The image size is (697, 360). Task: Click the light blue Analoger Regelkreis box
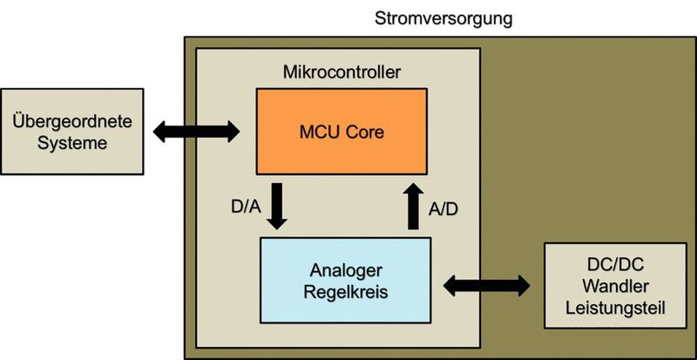pos(347,280)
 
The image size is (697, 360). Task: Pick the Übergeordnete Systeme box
pos(73,131)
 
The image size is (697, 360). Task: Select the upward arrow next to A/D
pos(413,205)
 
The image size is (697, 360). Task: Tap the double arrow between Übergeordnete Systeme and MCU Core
pos(195,132)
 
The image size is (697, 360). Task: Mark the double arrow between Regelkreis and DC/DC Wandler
pos(486,284)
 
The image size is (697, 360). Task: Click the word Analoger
pos(347,270)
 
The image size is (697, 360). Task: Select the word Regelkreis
pos(347,292)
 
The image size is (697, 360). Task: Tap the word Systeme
pos(73,142)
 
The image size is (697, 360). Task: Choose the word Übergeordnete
pos(73,121)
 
